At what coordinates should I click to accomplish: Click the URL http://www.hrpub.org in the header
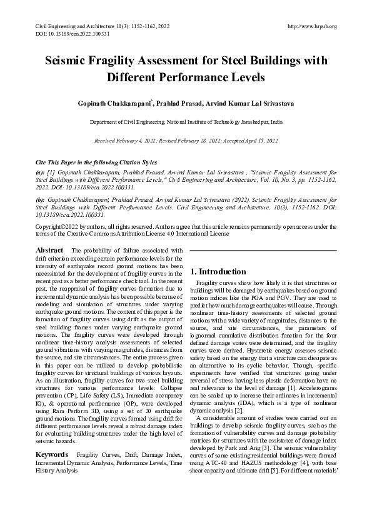[311, 26]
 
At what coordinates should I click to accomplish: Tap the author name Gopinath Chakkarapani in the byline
[115, 102]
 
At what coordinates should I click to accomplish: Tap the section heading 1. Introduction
[219, 271]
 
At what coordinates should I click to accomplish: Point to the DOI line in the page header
[61, 33]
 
